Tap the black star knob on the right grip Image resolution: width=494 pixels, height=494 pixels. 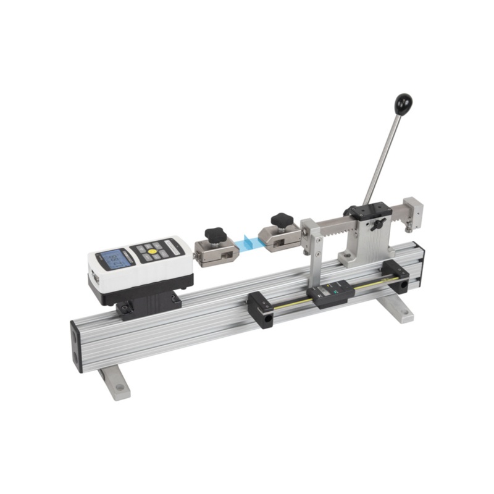pos(282,219)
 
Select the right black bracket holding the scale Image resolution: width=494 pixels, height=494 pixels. pos(395,275)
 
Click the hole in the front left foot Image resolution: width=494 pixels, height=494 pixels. pos(119,388)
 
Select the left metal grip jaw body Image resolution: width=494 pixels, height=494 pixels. pos(214,252)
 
